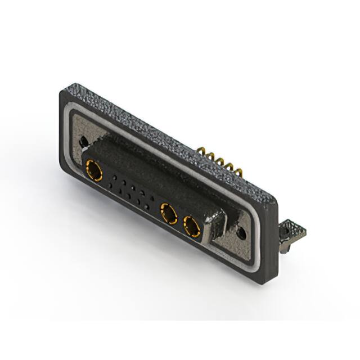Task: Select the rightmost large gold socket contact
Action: pyautogui.click(x=192, y=227)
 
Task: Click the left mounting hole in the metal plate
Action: pyautogui.click(x=83, y=142)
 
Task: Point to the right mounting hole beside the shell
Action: pyautogui.click(x=241, y=232)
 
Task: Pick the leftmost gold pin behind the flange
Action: pyautogui.click(x=201, y=151)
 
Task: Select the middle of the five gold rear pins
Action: pyautogui.click(x=220, y=161)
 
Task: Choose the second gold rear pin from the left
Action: pyautogui.click(x=210, y=156)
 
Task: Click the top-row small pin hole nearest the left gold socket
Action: pyautogui.click(x=114, y=177)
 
